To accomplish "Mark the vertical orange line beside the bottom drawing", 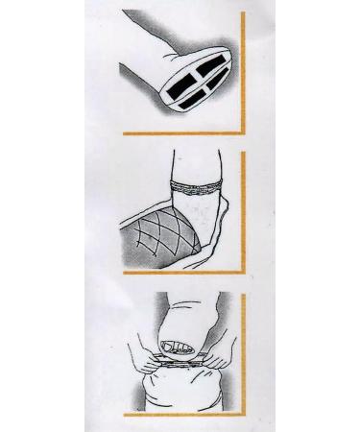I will point(245,355).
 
